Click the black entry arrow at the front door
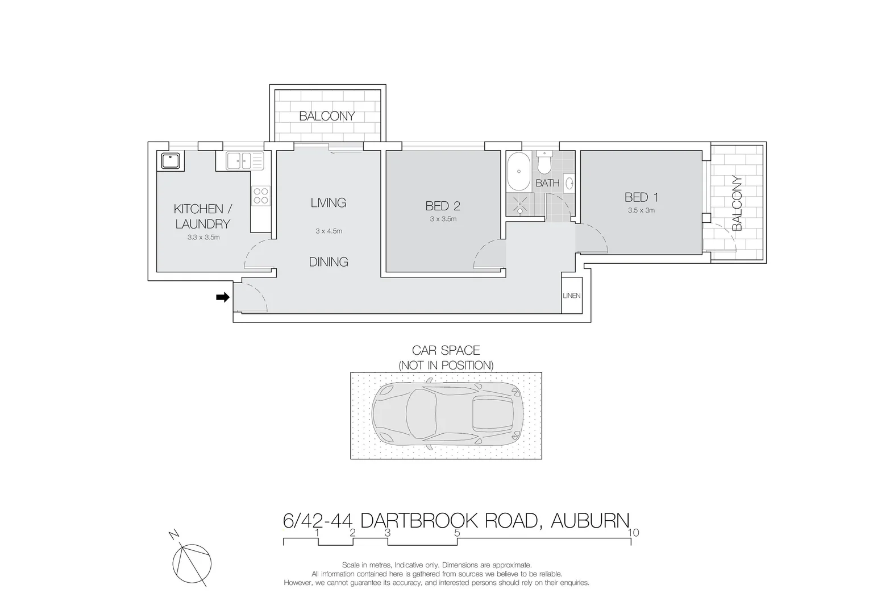pos(222,297)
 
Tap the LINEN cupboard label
pos(571,296)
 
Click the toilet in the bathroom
pos(544,162)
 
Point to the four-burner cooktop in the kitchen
pos(261,196)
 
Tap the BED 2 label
pos(443,206)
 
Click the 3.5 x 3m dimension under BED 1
pos(641,210)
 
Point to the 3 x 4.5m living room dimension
pos(329,231)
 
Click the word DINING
pos(329,262)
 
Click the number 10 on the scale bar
pos(634,533)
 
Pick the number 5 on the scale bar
pos(457,533)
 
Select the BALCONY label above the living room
pos(327,116)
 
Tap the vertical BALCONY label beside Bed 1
pos(737,203)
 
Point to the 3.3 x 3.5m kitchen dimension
pos(203,237)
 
